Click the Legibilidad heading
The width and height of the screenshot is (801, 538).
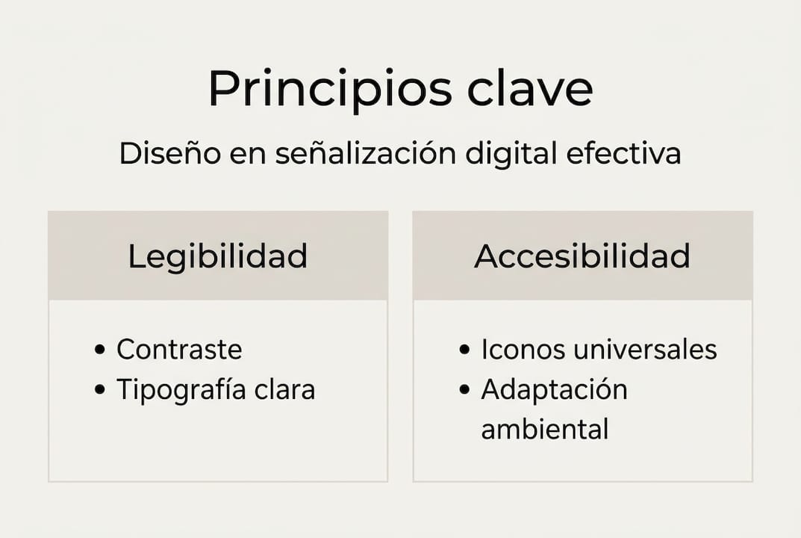click(217, 256)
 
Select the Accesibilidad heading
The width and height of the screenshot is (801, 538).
click(582, 256)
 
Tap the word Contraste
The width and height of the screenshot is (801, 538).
click(179, 349)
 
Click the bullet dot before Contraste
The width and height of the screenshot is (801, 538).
click(101, 350)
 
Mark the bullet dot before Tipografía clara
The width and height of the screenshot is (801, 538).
click(101, 390)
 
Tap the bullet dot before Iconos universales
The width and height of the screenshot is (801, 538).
click(465, 350)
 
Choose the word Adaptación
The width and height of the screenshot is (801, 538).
click(554, 390)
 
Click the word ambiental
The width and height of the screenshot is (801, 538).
click(545, 430)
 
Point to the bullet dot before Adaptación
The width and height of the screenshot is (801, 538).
click(465, 390)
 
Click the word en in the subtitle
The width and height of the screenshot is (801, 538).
click(248, 154)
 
